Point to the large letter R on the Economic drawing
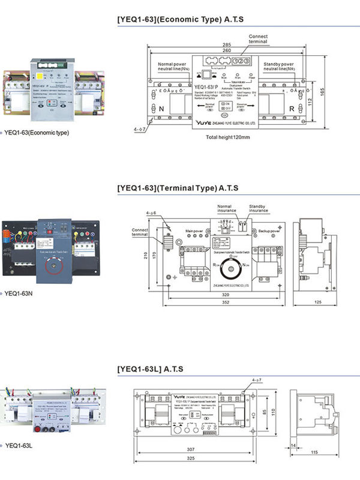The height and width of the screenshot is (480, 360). (x=291, y=110)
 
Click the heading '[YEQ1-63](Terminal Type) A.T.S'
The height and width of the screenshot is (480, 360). (x=178, y=188)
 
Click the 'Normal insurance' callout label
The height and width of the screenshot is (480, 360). (x=227, y=209)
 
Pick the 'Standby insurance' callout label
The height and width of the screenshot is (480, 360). (x=259, y=209)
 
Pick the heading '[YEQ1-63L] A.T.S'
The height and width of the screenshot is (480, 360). (x=150, y=368)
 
